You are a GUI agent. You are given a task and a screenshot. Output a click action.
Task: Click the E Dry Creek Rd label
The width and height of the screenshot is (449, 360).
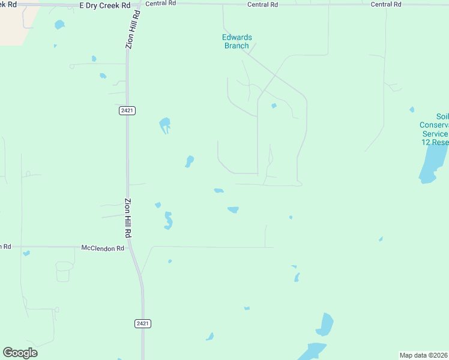click(x=104, y=5)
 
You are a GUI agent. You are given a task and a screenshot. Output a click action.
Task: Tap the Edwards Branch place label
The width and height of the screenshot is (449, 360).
click(x=237, y=41)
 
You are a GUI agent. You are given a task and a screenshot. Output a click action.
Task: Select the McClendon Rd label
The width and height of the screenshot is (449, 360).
click(x=103, y=248)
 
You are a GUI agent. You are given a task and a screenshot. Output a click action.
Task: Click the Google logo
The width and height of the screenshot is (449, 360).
click(x=20, y=352)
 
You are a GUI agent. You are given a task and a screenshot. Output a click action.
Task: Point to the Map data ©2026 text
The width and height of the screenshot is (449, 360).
click(x=424, y=355)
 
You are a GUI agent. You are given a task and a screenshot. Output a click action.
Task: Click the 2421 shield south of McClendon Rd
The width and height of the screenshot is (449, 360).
click(x=142, y=323)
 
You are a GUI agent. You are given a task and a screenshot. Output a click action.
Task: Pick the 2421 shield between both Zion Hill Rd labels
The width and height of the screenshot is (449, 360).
click(x=126, y=110)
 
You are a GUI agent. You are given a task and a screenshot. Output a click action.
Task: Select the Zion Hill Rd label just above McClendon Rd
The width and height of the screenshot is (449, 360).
click(x=128, y=217)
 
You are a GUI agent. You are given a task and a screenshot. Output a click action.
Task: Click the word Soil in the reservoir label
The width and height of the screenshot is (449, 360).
click(x=442, y=116)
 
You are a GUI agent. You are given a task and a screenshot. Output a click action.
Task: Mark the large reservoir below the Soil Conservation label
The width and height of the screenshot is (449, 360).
click(x=430, y=162)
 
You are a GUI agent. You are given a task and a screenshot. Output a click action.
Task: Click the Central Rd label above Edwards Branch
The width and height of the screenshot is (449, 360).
click(x=263, y=4)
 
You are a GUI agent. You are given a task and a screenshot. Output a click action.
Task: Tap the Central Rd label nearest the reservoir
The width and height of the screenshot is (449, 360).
click(x=386, y=4)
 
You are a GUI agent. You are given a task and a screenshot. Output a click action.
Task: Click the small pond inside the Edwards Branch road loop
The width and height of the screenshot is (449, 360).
click(x=274, y=106)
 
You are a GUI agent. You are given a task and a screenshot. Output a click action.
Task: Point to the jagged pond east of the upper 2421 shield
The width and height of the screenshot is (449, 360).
click(x=164, y=125)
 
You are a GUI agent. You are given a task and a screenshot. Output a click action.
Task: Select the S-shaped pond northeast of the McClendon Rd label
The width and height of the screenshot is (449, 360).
click(x=169, y=221)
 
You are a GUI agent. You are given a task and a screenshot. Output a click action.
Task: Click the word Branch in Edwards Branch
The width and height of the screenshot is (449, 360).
click(x=237, y=45)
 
